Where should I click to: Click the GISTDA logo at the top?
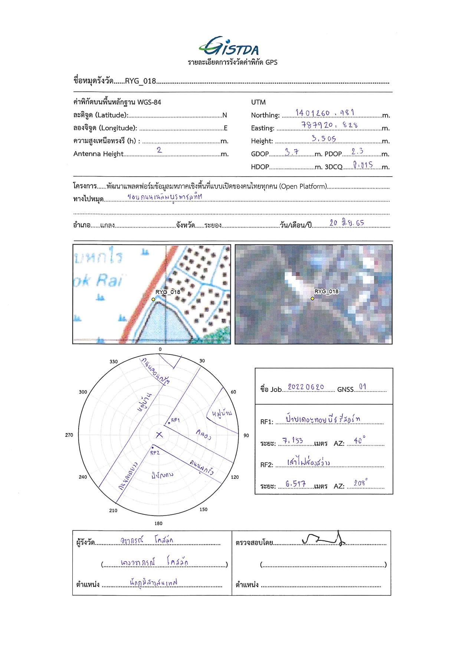(229, 46)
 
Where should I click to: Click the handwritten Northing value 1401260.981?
(325, 112)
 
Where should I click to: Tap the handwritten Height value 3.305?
(324, 138)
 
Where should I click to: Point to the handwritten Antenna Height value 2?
(159, 150)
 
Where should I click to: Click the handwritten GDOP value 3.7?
(292, 152)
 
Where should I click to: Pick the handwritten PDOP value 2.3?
(357, 151)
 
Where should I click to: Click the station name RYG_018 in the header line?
(140, 81)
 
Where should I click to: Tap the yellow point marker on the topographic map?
(153, 299)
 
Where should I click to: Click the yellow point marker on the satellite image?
(312, 298)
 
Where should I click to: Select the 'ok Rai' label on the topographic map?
(98, 281)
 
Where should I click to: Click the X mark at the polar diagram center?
(159, 435)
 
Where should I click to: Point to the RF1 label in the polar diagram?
(175, 420)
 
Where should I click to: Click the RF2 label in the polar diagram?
(155, 453)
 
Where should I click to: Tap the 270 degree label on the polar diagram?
(69, 435)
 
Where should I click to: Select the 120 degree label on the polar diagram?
(235, 477)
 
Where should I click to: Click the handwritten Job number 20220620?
(306, 387)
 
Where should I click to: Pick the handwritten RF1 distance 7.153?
(293, 441)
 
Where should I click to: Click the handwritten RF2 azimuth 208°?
(360, 482)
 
